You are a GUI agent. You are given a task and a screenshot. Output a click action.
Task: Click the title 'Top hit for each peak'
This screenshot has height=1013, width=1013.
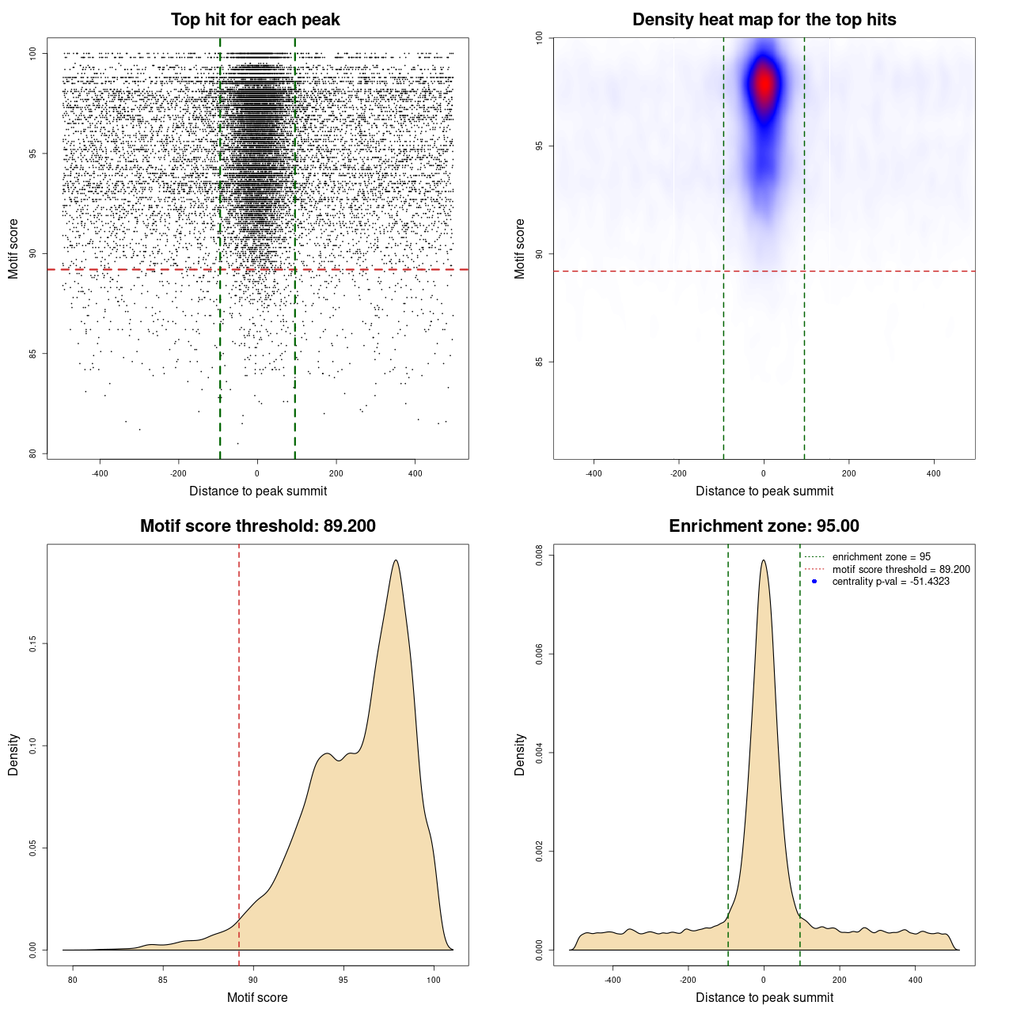pos(255,20)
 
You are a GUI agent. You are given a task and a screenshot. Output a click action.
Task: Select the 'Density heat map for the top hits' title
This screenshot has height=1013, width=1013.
pos(764,20)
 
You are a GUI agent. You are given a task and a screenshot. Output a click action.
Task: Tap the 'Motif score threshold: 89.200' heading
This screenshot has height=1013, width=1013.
pos(257,526)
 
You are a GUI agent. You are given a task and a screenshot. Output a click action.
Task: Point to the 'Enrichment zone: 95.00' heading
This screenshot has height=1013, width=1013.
pos(764,526)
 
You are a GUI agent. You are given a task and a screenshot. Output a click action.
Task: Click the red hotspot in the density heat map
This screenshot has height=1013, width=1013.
pos(764,83)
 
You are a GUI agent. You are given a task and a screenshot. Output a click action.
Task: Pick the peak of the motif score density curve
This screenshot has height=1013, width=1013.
pos(395,560)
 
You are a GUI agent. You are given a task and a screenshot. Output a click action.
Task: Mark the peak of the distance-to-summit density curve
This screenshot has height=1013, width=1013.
pos(764,560)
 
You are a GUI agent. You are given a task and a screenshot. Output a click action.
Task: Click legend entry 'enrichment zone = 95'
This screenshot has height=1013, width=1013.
pos(881,557)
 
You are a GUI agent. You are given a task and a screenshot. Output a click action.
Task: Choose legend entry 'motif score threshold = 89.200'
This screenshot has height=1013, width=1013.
pos(901,569)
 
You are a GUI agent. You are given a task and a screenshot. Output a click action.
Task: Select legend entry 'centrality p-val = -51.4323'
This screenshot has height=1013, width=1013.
pos(890,582)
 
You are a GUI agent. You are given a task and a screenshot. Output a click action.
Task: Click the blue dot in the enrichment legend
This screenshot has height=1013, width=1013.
pos(814,582)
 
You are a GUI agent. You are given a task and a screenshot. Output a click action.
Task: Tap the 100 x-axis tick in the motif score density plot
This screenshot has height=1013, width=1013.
pos(434,980)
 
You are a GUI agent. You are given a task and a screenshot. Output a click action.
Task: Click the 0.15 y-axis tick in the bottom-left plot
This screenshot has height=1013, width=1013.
pos(32,644)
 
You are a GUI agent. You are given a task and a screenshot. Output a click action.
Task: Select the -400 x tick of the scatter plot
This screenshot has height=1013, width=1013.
pos(100,473)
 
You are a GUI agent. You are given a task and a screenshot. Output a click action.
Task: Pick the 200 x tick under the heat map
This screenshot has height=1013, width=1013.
pos(848,473)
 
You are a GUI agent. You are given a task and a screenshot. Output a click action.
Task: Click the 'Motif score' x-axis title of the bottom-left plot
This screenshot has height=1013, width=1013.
pos(257,997)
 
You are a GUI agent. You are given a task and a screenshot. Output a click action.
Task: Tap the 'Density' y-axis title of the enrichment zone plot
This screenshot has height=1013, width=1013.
pos(520,754)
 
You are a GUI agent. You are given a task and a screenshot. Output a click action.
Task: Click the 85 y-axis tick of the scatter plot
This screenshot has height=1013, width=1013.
pos(32,354)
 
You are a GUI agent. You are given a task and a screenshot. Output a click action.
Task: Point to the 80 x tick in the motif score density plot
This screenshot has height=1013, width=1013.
pos(73,980)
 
